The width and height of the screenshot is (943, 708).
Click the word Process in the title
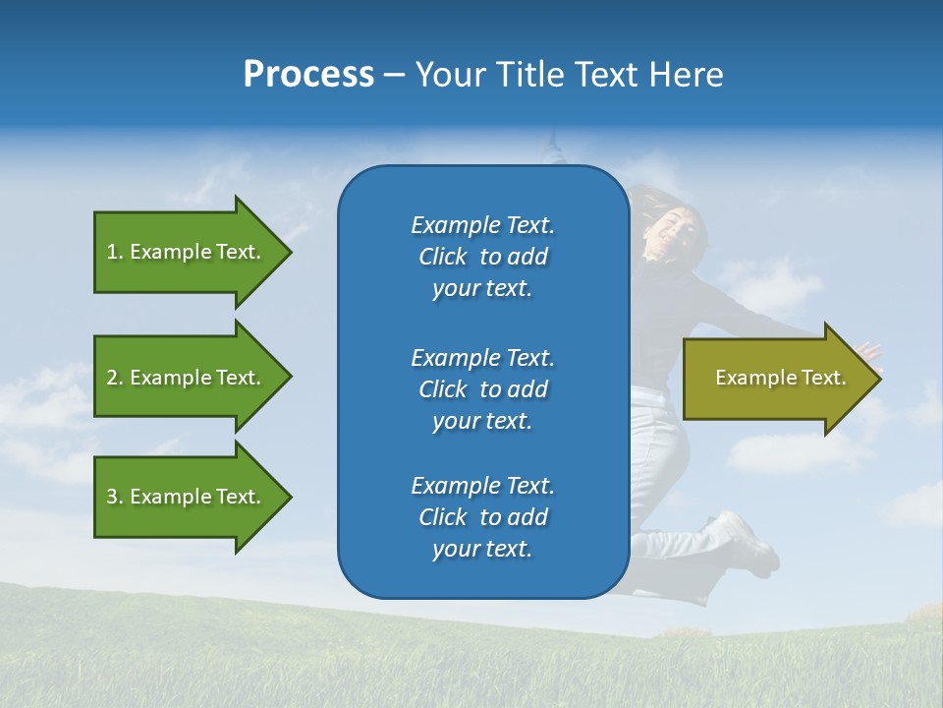coord(308,75)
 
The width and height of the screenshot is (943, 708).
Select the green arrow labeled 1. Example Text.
coord(187,252)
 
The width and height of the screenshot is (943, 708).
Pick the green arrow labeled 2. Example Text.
coord(187,378)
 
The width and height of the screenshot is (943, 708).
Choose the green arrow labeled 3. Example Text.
coord(187,497)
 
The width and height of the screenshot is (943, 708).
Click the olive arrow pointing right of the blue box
coord(776,378)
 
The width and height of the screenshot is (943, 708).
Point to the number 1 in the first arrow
coord(112,252)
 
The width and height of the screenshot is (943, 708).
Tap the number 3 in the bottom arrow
coord(112,497)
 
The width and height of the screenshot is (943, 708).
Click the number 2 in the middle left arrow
coord(112,378)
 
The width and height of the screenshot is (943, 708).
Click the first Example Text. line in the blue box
coord(482,225)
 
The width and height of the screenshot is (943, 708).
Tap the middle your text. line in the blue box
coord(482,421)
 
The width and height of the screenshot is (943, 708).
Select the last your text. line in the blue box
coord(482,549)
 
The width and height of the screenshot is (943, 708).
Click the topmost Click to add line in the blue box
coord(482,257)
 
